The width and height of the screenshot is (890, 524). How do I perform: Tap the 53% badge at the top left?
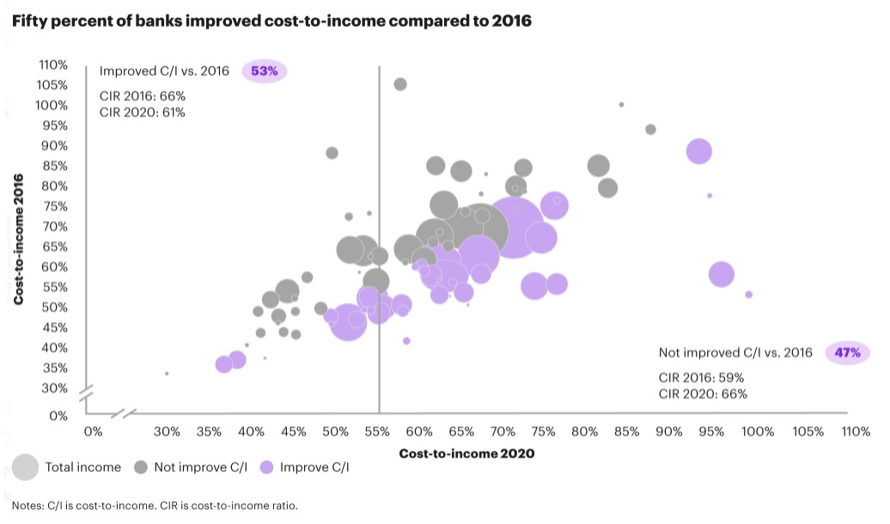coord(264,71)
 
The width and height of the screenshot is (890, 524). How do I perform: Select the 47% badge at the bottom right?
coord(848,352)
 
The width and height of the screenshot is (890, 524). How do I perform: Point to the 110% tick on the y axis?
coord(53,64)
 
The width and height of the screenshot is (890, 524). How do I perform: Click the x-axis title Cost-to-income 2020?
coord(466,454)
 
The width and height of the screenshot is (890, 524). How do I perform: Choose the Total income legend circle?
coord(26,467)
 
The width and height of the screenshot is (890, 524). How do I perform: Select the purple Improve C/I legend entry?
coord(296,467)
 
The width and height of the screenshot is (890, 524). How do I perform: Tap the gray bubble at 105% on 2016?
coord(400,84)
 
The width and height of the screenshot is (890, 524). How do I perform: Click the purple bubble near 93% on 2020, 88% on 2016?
coord(699,150)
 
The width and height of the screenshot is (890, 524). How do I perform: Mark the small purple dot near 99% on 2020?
coord(748,295)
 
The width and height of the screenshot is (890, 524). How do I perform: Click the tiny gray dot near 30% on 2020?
coord(167,374)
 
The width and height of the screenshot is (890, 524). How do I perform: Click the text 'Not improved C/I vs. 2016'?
coord(735,352)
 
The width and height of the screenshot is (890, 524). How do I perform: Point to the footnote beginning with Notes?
coord(155,505)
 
